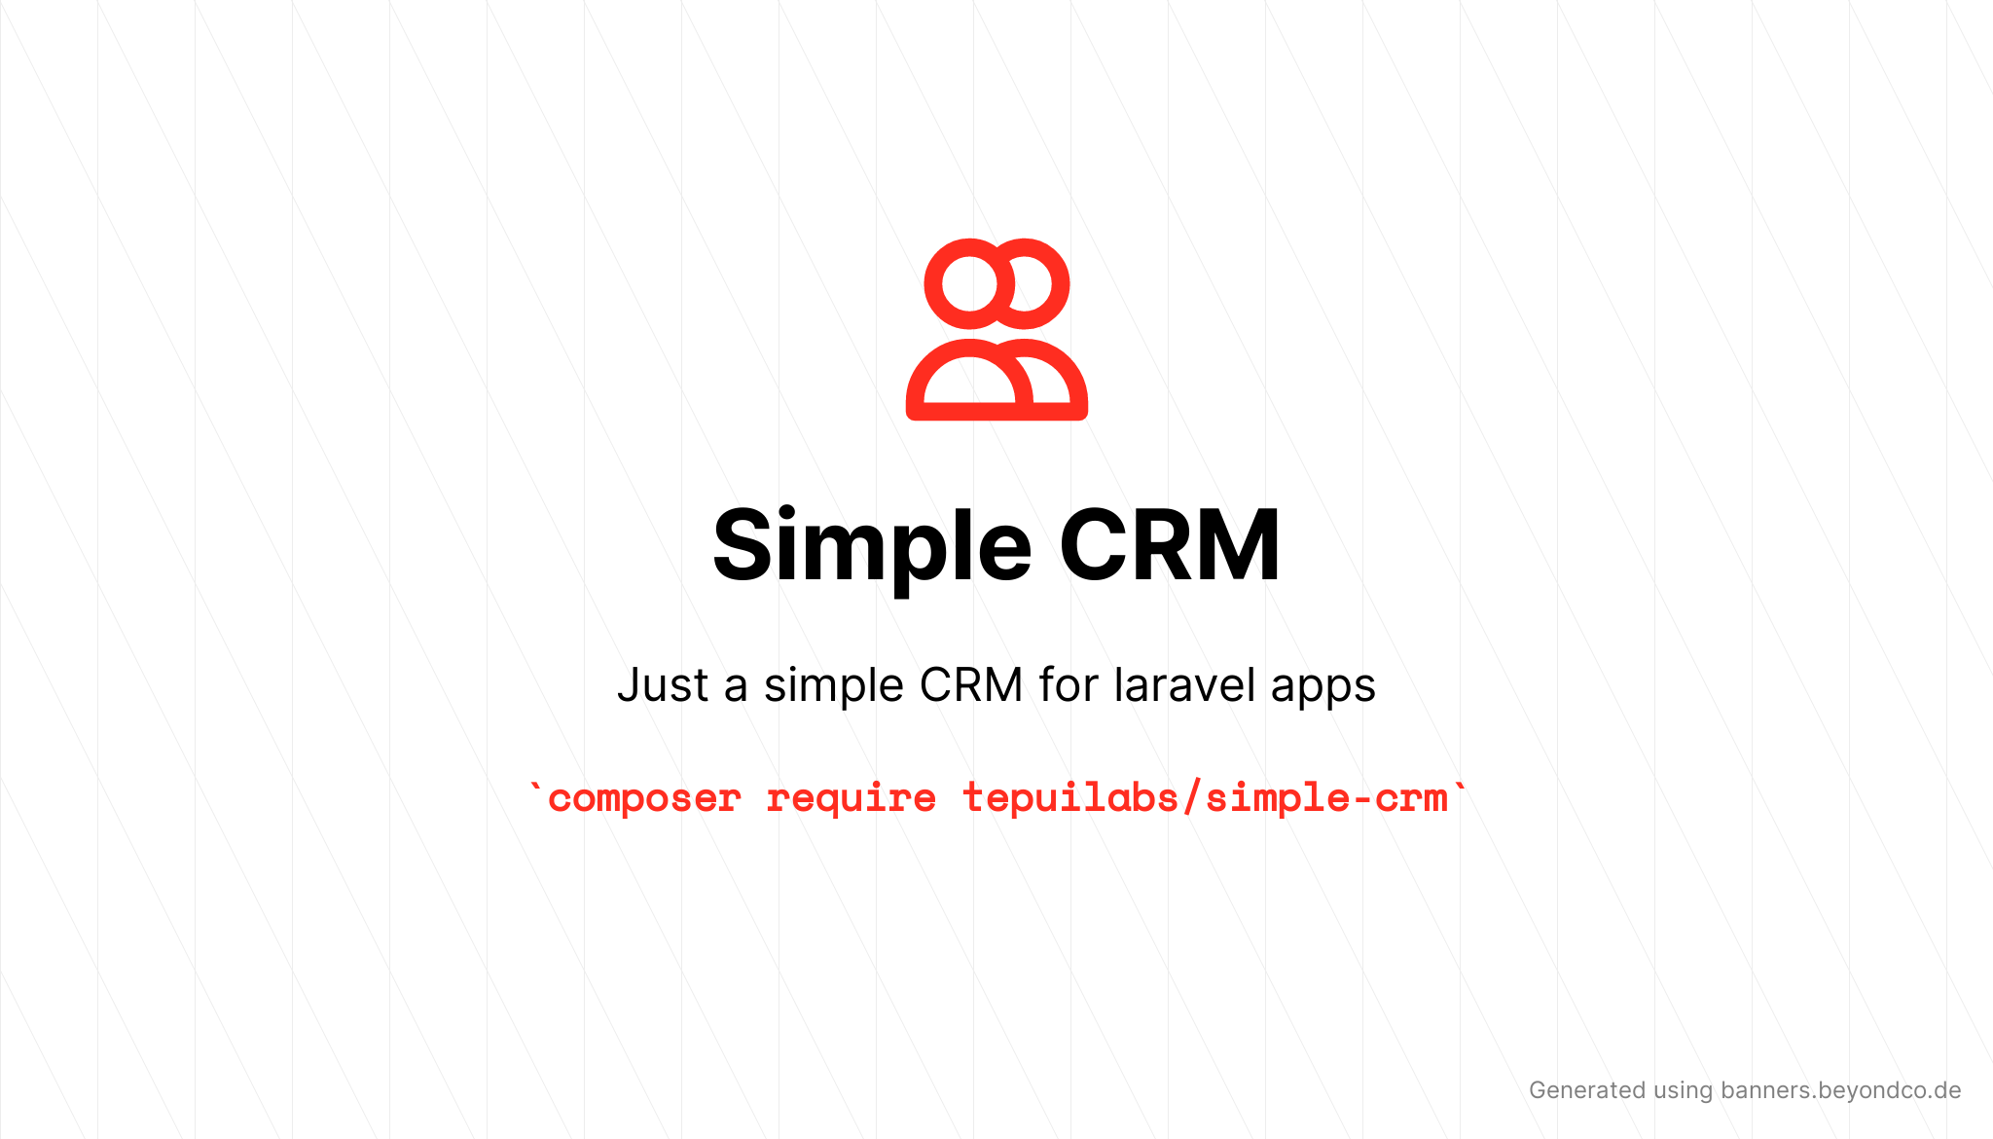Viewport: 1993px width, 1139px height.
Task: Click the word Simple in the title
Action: click(872, 547)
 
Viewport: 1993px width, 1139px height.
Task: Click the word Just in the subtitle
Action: click(663, 684)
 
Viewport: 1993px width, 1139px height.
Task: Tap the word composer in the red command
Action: click(644, 799)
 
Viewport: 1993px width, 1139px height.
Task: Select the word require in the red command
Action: click(852, 798)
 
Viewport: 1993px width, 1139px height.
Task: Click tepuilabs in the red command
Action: click(1070, 797)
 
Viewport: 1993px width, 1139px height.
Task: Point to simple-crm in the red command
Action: click(1326, 798)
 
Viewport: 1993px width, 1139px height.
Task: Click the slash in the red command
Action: click(1192, 797)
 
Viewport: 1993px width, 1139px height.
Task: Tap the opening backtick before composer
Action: click(534, 788)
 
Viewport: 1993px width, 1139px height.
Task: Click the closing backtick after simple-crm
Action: click(1459, 788)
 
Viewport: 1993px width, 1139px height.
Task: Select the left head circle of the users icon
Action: click(969, 283)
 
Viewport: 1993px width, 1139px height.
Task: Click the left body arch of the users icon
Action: click(915, 389)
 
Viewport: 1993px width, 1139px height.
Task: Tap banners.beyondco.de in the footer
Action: click(1840, 1090)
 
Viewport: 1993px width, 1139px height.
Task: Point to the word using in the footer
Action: click(1683, 1091)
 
